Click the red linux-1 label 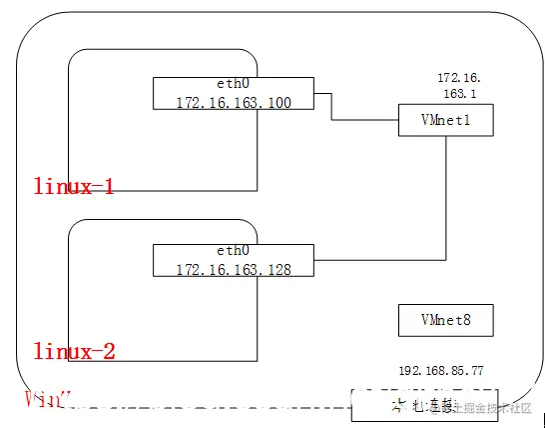coord(74,186)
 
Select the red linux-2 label coord(75,351)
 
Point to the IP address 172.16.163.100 coord(233,102)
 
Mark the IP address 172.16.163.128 coord(233,270)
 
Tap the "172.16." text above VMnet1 coord(459,77)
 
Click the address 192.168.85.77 coord(440,370)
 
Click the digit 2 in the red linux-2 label coord(109,351)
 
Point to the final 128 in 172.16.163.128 coord(276,270)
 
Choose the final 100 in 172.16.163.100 coord(276,102)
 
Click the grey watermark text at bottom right coord(494,407)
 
